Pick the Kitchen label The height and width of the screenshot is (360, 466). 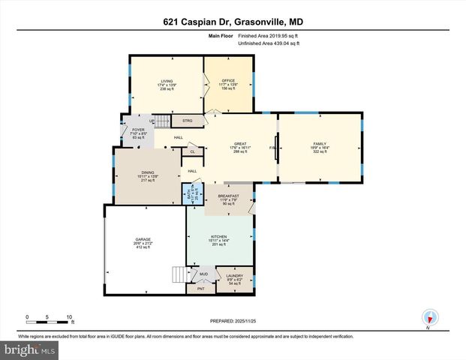220,239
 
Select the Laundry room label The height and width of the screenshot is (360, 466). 233,280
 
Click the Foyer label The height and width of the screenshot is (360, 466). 138,133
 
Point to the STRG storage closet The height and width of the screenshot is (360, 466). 188,119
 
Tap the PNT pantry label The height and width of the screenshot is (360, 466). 200,288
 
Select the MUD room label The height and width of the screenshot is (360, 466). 204,274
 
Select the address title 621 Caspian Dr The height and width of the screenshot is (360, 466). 232,22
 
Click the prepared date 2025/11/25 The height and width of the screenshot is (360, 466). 232,320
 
